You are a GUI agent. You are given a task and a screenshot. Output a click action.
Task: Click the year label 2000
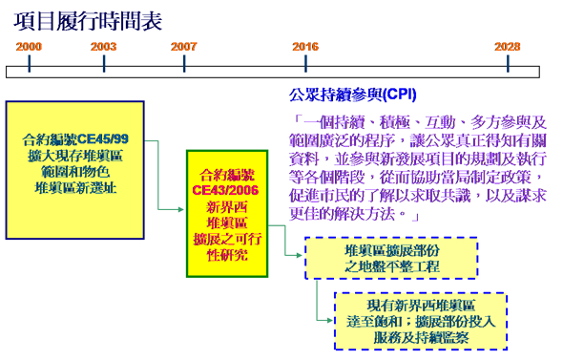pos(29,46)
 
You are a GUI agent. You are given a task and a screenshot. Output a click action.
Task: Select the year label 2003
pos(104,46)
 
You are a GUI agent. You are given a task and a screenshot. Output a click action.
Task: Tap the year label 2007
pos(184,46)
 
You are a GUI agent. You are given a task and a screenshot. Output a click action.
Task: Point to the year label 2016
pos(305,46)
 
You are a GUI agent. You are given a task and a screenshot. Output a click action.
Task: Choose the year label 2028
pos(508,46)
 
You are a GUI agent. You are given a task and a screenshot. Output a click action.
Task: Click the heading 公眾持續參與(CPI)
pos(352,95)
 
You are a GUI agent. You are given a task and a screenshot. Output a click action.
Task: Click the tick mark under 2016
pos(305,64)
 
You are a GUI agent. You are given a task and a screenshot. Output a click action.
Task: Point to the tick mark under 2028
pos(507,64)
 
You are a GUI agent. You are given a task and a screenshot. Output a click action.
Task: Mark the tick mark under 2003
pos(104,64)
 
